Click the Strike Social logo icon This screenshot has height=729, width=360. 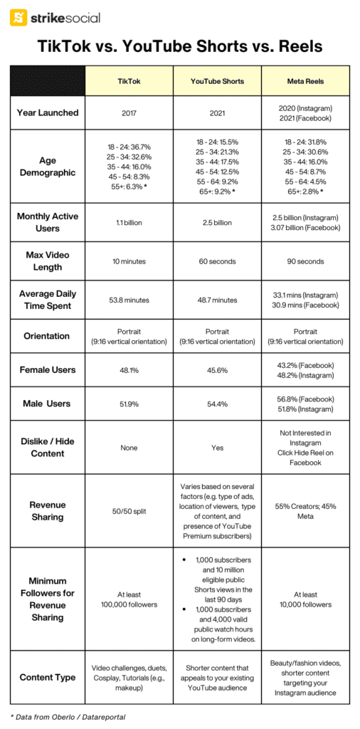18,18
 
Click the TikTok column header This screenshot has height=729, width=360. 129,81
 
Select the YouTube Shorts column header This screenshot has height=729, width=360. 217,81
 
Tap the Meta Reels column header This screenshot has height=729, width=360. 305,81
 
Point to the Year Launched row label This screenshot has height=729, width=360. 48,112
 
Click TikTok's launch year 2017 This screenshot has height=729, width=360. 129,112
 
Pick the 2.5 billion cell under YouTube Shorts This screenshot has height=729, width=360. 217,223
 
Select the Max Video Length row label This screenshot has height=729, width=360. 48,261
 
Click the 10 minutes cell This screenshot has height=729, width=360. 129,261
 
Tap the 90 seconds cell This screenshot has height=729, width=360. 305,261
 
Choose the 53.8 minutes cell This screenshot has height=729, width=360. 129,300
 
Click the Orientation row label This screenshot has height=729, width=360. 48,336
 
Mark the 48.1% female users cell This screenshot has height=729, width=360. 129,370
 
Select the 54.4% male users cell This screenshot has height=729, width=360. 217,404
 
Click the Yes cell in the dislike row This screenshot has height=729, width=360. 217,448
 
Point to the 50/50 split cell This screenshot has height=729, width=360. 129,511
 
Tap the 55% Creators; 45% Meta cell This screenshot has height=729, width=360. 305,511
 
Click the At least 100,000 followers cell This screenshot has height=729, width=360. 129,599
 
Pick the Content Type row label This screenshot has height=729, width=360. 48,677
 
